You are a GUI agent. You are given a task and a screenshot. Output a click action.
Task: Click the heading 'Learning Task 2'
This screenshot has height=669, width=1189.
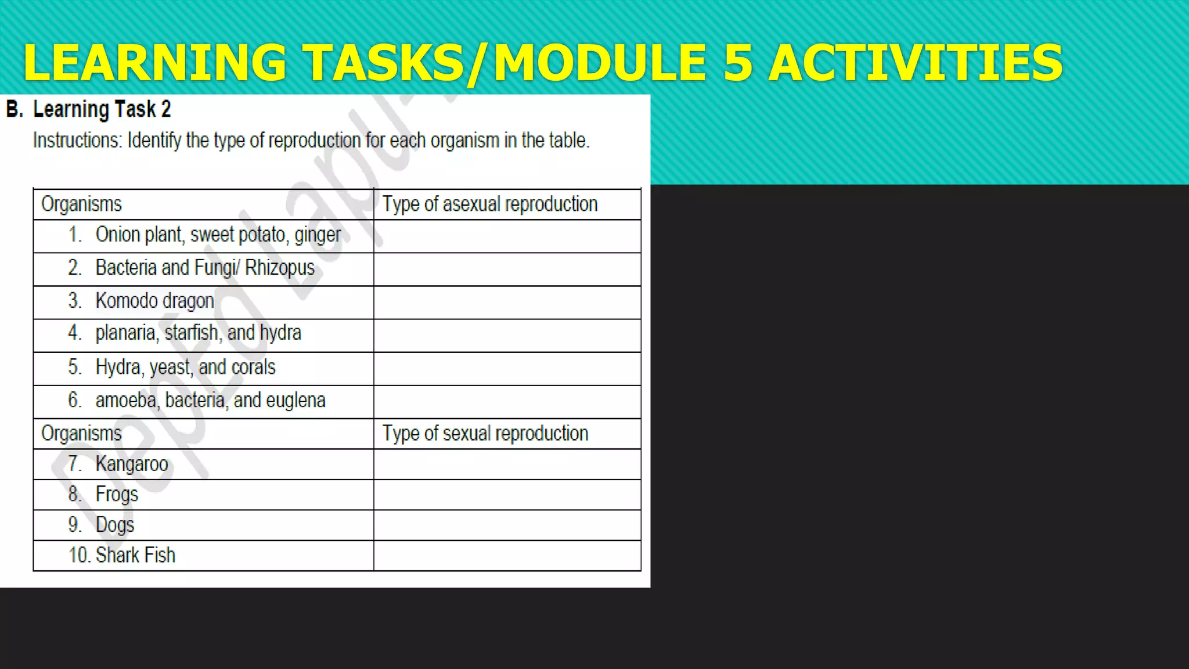(x=102, y=109)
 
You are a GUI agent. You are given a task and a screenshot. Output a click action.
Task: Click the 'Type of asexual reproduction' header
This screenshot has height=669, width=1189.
(x=489, y=204)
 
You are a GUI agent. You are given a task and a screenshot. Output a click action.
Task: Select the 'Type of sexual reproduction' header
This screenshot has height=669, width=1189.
(x=485, y=434)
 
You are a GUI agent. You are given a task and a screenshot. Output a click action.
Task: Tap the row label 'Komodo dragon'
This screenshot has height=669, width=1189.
(x=154, y=301)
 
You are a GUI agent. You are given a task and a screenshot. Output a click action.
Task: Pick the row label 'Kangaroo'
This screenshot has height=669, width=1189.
(x=132, y=464)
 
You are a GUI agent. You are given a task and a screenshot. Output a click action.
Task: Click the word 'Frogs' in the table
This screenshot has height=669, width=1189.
(x=117, y=494)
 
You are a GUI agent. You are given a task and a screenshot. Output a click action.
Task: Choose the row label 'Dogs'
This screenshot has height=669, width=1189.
(x=115, y=525)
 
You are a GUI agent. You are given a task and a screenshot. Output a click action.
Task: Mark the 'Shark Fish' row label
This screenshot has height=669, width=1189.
(x=135, y=555)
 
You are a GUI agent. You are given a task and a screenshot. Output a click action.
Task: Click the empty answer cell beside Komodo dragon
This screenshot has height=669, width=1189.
(x=507, y=302)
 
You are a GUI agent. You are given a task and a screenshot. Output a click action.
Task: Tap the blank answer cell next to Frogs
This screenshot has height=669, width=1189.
(x=507, y=495)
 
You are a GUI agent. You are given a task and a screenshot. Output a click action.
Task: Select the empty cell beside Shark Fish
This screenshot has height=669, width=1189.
(x=507, y=556)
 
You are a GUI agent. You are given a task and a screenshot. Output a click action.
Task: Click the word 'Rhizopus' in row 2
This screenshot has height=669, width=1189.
(x=279, y=268)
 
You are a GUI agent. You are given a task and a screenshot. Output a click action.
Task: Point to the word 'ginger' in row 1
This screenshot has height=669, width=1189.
(x=318, y=235)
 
